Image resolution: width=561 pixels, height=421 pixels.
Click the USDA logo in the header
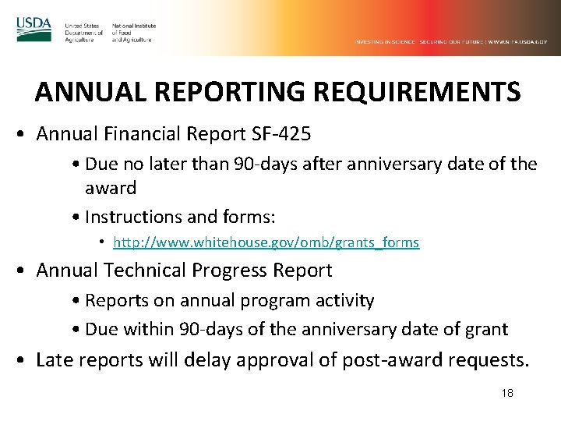34,29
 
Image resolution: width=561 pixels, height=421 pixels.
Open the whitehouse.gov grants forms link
266,242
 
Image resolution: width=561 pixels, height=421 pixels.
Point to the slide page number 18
506,394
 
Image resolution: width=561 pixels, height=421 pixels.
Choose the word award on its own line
110,188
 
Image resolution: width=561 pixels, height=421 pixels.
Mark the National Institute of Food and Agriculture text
133,32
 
